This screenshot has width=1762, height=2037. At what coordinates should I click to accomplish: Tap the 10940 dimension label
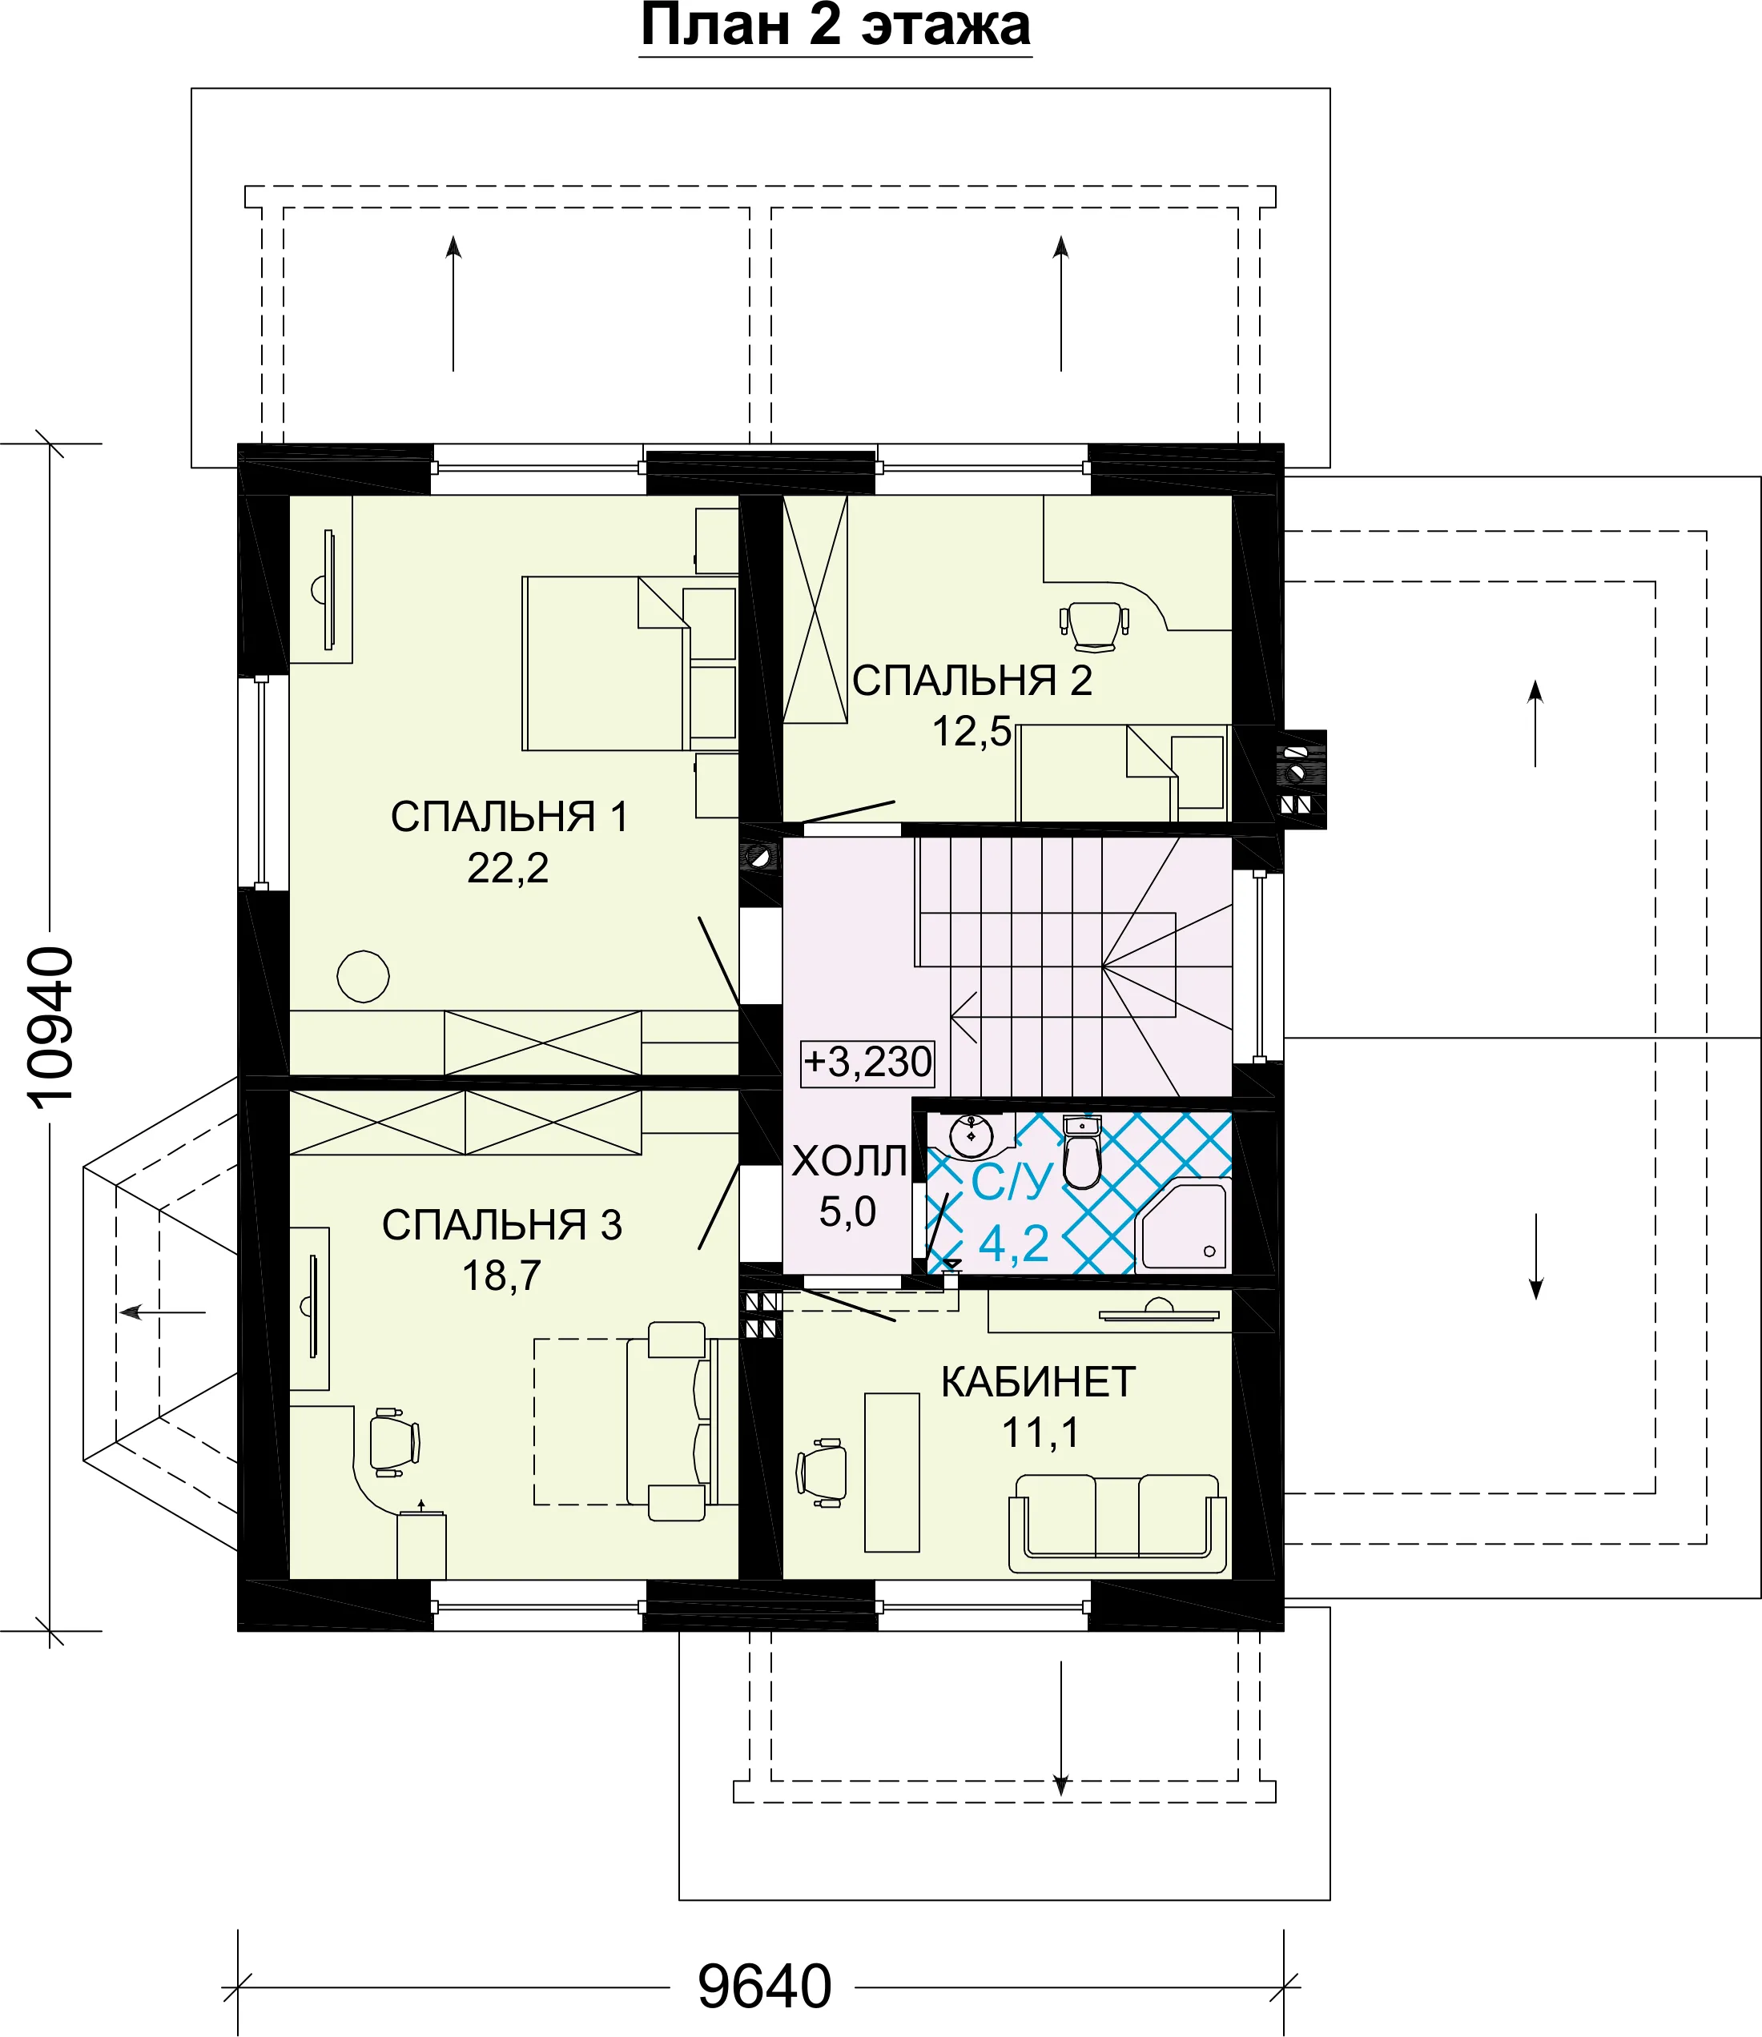tap(49, 1028)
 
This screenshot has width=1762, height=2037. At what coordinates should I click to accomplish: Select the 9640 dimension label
tap(764, 1987)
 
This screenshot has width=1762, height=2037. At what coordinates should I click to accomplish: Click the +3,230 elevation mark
tap(867, 1062)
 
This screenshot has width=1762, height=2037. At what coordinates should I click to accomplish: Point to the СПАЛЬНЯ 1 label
tap(509, 817)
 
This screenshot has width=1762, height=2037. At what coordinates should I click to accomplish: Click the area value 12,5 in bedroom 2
tap(972, 731)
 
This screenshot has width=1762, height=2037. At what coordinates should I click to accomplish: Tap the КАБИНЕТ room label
tap(1038, 1382)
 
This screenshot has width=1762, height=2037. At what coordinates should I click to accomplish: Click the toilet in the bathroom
tap(1081, 1151)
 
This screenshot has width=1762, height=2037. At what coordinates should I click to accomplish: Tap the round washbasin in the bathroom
tap(972, 1135)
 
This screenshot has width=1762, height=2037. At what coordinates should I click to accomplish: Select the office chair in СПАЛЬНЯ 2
tap(1093, 626)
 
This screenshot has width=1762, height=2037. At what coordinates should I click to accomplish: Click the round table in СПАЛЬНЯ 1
tap(363, 976)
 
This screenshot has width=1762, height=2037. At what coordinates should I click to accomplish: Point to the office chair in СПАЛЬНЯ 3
tap(396, 1442)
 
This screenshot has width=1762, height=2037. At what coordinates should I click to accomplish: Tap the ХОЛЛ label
tap(848, 1162)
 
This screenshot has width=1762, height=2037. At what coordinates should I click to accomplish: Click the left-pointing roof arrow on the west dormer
tap(163, 1312)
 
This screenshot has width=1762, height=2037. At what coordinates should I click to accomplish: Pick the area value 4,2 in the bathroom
tap(1014, 1244)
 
